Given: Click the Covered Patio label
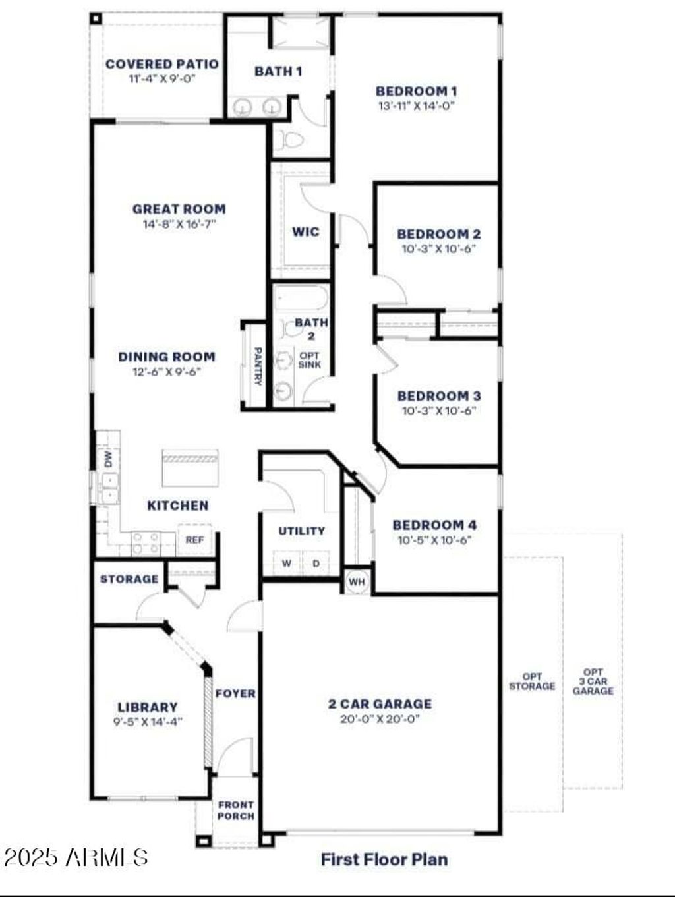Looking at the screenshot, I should click(x=161, y=64).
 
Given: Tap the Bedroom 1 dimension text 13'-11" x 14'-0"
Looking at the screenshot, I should click(x=417, y=105).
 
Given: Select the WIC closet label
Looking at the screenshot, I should click(x=305, y=231).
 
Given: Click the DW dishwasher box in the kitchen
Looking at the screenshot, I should click(x=108, y=459).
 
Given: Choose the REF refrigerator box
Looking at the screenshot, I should click(x=194, y=540).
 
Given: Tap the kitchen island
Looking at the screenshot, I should click(x=190, y=467).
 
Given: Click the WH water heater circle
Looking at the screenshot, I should click(x=357, y=582).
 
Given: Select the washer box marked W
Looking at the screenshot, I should click(x=287, y=564).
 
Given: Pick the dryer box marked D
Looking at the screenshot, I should click(x=316, y=564).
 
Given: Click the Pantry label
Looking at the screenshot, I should click(x=258, y=366).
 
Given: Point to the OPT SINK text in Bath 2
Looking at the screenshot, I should click(x=310, y=360).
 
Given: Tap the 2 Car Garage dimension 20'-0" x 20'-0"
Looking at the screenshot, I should click(x=380, y=719).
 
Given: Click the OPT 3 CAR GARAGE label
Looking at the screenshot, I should click(x=593, y=681).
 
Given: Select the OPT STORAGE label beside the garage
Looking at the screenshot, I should click(x=532, y=681).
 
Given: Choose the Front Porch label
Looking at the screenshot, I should click(x=236, y=810).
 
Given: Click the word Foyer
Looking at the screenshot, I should click(x=235, y=693).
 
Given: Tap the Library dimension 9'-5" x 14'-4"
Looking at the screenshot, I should click(x=148, y=722).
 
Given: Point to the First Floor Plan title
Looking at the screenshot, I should click(x=384, y=859).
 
